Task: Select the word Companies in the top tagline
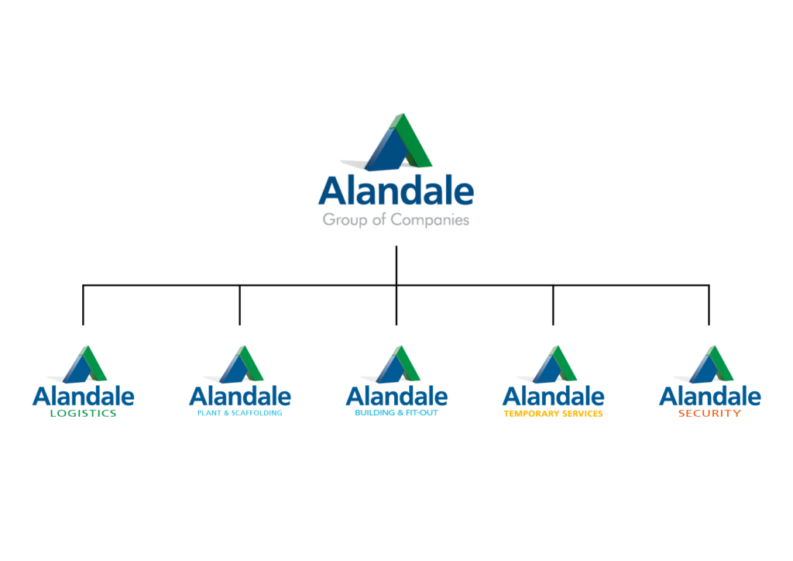430,220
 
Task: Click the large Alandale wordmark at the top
396,191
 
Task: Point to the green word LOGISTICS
84,413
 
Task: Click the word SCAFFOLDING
256,413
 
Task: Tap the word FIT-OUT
422,413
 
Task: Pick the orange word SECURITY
709,413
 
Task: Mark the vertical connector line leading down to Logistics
83,305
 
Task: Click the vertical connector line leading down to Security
709,305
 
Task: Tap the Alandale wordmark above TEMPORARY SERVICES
553,397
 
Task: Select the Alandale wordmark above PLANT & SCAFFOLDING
240,397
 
